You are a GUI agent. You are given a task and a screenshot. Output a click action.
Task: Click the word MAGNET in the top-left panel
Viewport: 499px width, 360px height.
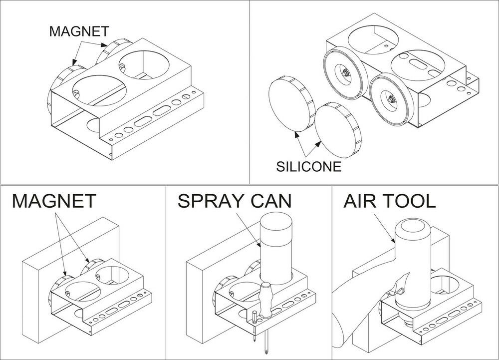(78, 31)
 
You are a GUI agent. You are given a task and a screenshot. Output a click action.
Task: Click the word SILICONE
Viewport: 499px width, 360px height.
(309, 166)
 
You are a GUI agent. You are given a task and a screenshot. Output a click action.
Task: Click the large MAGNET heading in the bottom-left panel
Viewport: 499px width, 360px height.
(53, 201)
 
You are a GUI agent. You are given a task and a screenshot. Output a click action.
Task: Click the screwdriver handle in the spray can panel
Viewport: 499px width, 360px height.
(266, 299)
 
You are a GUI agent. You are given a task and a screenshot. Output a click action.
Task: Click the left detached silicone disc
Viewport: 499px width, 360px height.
(289, 107)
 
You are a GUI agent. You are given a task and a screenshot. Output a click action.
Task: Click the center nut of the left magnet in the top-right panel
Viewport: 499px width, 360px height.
(344, 73)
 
